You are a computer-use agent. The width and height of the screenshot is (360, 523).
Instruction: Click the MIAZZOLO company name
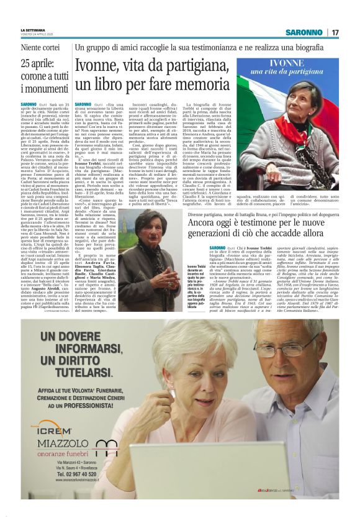(62, 443)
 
